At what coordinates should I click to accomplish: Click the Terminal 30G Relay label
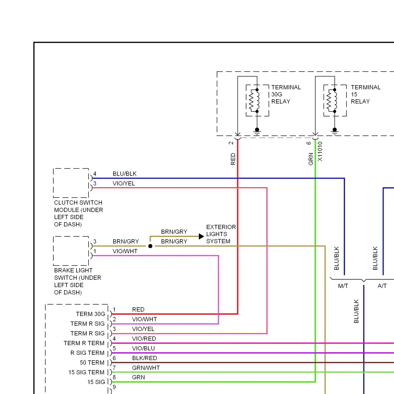pos(286,94)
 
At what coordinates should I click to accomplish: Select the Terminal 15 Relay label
pos(366,94)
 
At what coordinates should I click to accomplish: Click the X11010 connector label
pos(320,152)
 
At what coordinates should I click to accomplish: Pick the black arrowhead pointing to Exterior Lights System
pos(201,236)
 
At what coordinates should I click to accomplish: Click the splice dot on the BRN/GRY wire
pos(150,246)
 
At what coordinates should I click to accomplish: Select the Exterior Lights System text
pos(221,234)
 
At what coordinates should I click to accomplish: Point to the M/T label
pos(343,286)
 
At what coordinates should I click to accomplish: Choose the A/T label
pos(382,286)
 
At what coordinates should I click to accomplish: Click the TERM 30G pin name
pos(91,314)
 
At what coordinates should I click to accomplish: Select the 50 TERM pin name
pos(92,362)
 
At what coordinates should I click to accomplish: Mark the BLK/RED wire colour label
pos(144,358)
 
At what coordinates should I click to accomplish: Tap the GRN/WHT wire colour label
pos(146,368)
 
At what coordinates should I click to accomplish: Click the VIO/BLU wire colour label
pos(143,348)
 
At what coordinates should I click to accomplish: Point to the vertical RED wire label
pos(233,159)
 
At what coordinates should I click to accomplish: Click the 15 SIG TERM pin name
pos(86,372)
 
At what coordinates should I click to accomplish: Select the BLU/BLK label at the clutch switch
pos(125,174)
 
